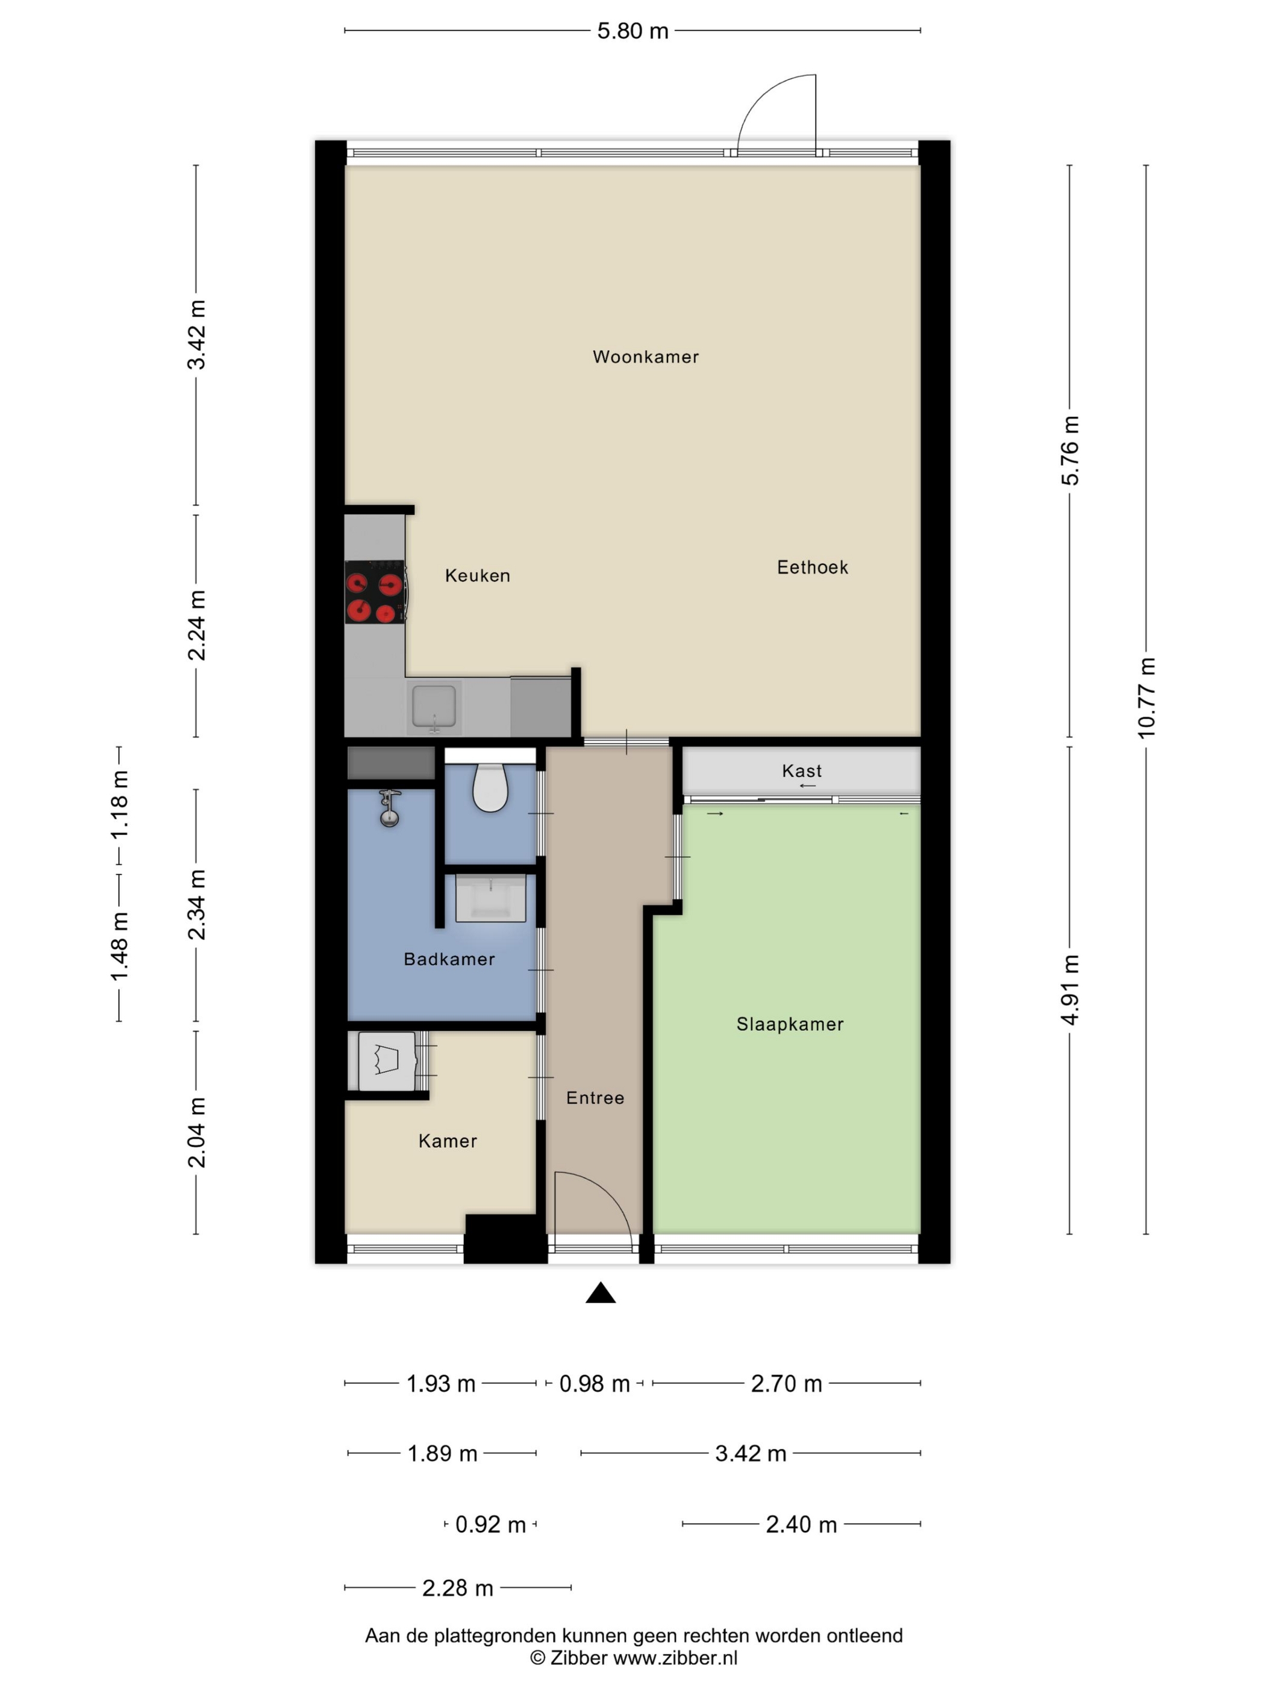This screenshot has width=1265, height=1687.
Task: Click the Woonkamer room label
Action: pyautogui.click(x=645, y=356)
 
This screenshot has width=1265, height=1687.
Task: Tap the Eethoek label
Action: pyautogui.click(x=812, y=567)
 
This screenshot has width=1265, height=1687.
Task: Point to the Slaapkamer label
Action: pyautogui.click(x=790, y=1024)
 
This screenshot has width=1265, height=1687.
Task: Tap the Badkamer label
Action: pyautogui.click(x=449, y=959)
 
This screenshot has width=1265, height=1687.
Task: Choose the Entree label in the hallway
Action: pyautogui.click(x=595, y=1098)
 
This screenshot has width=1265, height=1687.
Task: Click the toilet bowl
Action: pyautogui.click(x=490, y=786)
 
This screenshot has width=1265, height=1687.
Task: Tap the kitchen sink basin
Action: pyautogui.click(x=434, y=706)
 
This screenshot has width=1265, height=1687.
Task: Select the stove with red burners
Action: pyautogui.click(x=375, y=592)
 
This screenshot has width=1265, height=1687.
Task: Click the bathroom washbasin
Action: pyautogui.click(x=491, y=898)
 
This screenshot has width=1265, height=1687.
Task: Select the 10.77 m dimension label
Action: pyautogui.click(x=1146, y=698)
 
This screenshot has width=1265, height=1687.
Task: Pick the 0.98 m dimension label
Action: pyautogui.click(x=595, y=1383)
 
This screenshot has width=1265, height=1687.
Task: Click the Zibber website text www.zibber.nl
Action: pyautogui.click(x=676, y=1657)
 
